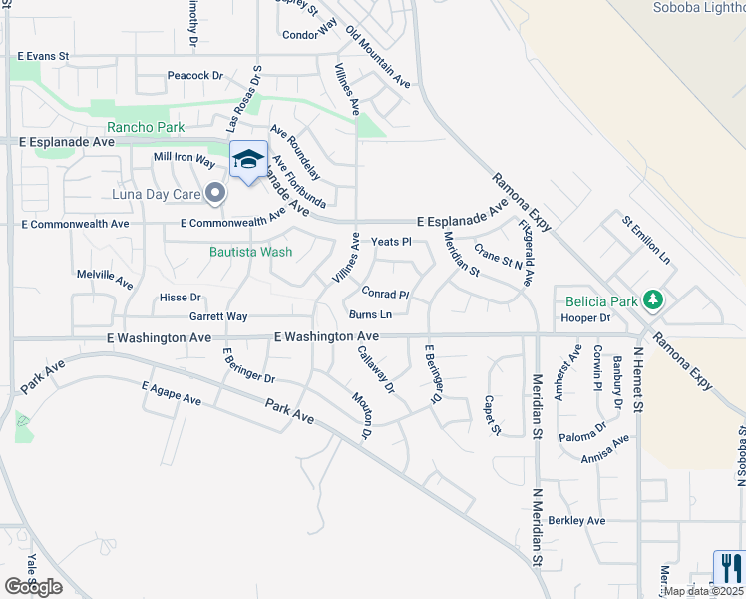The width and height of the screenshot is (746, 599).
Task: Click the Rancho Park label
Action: (146, 127)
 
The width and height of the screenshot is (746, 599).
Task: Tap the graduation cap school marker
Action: (248, 159)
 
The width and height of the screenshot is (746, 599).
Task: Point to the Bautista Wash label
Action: (250, 252)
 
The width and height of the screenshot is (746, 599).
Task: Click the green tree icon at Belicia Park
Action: (653, 299)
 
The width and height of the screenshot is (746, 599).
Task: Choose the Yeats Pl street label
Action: (391, 242)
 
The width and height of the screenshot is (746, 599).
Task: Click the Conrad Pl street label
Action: (385, 295)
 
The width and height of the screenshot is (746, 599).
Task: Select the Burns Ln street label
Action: (370, 314)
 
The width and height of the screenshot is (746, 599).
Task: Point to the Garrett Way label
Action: (218, 316)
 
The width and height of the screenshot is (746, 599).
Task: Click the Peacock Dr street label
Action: (194, 75)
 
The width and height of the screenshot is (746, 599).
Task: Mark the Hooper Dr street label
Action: (584, 318)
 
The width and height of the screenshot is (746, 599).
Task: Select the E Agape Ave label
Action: (172, 393)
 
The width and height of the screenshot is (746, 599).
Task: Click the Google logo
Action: (33, 586)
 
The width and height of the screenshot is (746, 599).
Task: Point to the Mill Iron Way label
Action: (184, 159)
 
